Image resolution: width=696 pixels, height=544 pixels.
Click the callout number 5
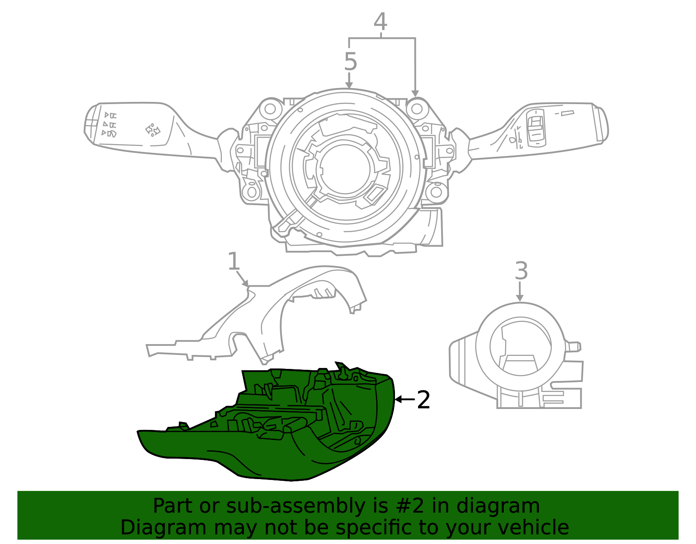350,62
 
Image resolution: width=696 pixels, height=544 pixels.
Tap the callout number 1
234,262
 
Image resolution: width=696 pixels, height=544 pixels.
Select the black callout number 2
423,400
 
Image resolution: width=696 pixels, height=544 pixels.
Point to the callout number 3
521,271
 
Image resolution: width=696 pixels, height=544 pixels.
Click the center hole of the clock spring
346,168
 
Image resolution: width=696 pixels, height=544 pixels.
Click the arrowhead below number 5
349,84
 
